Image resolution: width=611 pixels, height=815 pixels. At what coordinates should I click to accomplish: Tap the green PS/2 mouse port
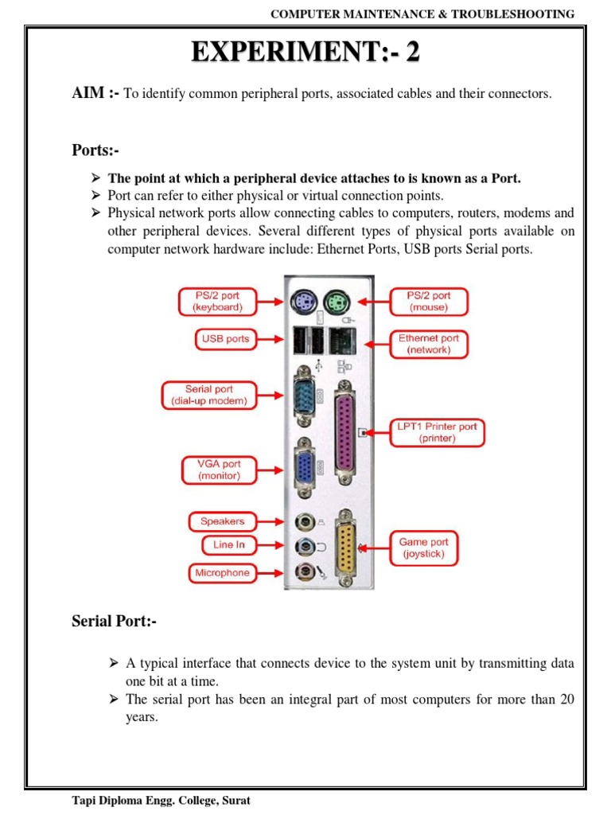coord(336,302)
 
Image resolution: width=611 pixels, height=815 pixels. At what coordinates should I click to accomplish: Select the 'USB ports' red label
coord(225,339)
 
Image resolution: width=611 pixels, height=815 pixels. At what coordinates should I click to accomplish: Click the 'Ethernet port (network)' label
coord(429,344)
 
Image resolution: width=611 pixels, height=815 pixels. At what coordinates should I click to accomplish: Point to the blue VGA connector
coord(303,467)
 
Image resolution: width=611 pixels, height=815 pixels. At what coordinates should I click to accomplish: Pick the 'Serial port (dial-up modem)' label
coord(210,396)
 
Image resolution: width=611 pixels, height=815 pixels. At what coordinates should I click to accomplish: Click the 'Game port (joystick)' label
coord(423,548)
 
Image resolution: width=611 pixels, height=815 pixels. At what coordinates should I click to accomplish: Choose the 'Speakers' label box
coord(222,522)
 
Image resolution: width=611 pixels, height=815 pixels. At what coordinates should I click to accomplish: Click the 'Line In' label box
coord(228,545)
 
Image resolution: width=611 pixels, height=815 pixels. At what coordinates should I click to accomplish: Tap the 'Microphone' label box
coord(222,573)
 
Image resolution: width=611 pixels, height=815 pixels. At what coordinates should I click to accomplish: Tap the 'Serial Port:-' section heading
coord(115,622)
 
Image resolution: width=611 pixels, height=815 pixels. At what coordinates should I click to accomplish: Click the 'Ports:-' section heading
coord(95,150)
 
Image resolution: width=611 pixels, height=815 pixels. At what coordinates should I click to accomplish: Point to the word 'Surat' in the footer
coord(235,801)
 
